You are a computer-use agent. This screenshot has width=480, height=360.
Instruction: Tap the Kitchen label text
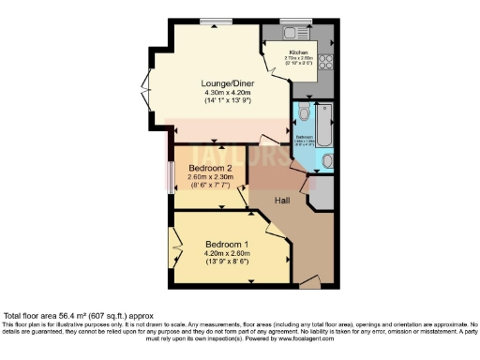(x=298, y=52)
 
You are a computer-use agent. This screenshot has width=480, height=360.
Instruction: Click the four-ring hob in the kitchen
(x=327, y=63)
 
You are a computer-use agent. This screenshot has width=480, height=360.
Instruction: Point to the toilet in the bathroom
(x=305, y=117)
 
